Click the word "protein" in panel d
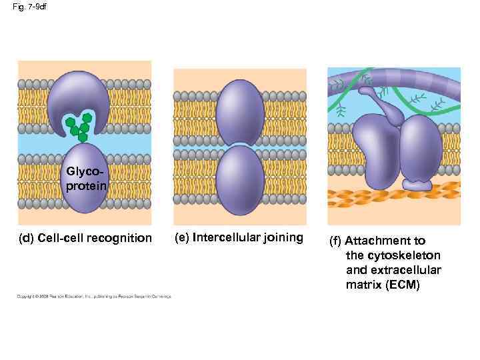(x=85, y=186)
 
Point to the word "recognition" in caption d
(x=122, y=238)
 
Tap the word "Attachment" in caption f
(x=385, y=241)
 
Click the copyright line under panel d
(x=94, y=297)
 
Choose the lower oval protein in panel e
(x=241, y=179)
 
